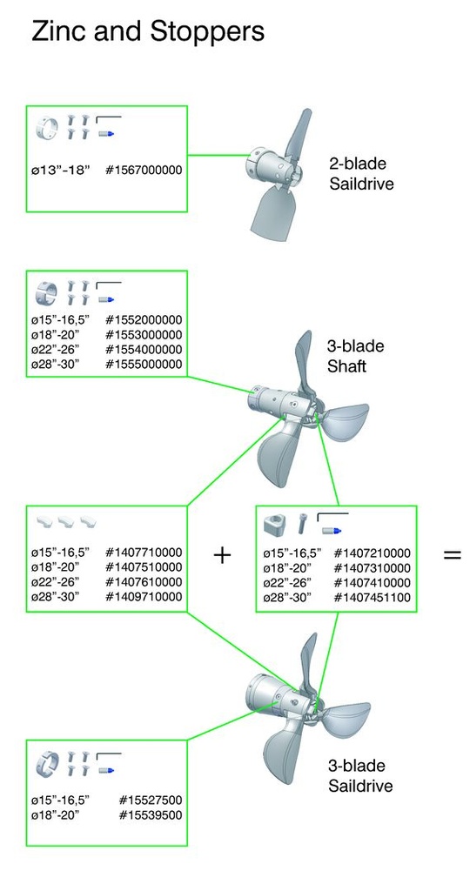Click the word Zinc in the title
click(x=53, y=32)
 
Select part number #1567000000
click(x=144, y=170)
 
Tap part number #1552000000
click(x=144, y=320)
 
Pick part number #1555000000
click(x=144, y=365)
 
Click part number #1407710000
click(x=144, y=553)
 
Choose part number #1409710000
click(x=144, y=597)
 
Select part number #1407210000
click(x=372, y=553)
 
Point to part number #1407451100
click(x=372, y=598)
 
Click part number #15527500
click(x=151, y=801)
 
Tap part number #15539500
click(x=151, y=815)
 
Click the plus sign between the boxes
click(x=222, y=555)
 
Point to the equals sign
click(x=453, y=554)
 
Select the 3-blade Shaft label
click(x=356, y=356)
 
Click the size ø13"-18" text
click(x=62, y=170)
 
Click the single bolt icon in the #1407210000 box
click(x=302, y=523)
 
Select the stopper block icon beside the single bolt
click(x=276, y=524)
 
